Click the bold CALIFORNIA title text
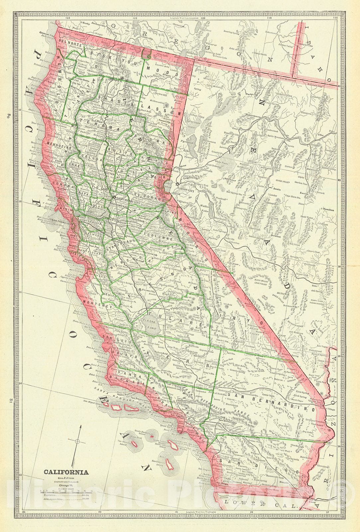point(66,472)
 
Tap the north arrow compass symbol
point(77,441)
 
